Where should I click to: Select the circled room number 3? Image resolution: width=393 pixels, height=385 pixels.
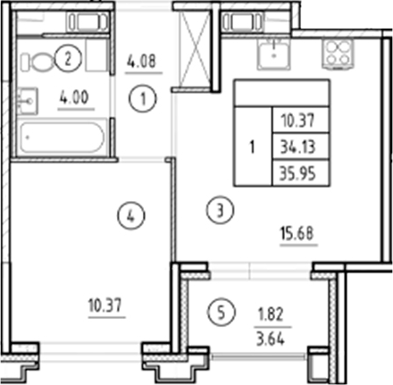[222, 211]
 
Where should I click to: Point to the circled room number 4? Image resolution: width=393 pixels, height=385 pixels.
[131, 214]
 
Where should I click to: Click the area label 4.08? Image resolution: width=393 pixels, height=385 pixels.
[146, 63]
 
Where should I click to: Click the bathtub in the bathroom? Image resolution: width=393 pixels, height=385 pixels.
[60, 138]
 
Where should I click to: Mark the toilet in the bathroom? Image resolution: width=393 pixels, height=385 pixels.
[38, 62]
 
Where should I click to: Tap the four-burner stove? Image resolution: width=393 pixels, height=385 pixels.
[339, 54]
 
